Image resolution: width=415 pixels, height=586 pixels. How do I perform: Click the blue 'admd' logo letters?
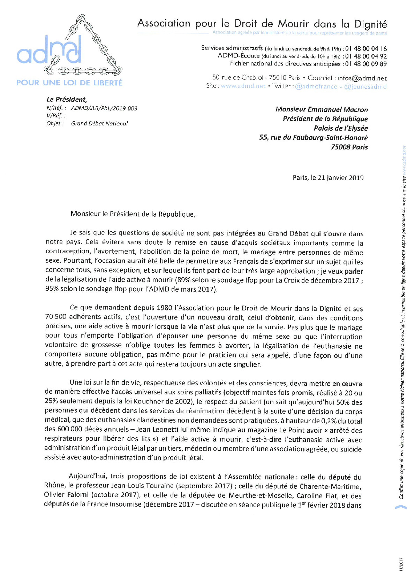[x=49, y=52]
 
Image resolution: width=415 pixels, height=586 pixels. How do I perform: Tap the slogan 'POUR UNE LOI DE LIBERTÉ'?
[x=69, y=83]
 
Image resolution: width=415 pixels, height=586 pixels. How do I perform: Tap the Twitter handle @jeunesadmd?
[x=365, y=86]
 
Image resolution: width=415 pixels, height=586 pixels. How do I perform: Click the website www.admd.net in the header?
[x=243, y=86]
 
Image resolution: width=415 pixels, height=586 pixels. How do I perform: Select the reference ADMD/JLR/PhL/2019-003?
[x=104, y=108]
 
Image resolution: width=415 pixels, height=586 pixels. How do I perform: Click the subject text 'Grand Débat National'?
[x=99, y=123]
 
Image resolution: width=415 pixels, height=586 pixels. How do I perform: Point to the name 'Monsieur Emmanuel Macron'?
[x=322, y=109]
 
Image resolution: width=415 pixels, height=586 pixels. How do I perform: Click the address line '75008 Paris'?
[x=349, y=147]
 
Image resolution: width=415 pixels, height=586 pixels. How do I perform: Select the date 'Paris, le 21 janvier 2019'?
[x=328, y=178]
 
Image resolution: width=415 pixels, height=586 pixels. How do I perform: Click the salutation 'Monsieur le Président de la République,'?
[x=133, y=214]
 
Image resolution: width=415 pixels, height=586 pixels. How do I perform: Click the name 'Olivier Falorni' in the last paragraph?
[x=66, y=495]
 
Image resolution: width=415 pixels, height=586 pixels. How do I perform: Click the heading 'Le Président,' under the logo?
[x=67, y=100]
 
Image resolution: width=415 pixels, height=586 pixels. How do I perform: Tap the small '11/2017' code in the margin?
[x=401, y=564]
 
